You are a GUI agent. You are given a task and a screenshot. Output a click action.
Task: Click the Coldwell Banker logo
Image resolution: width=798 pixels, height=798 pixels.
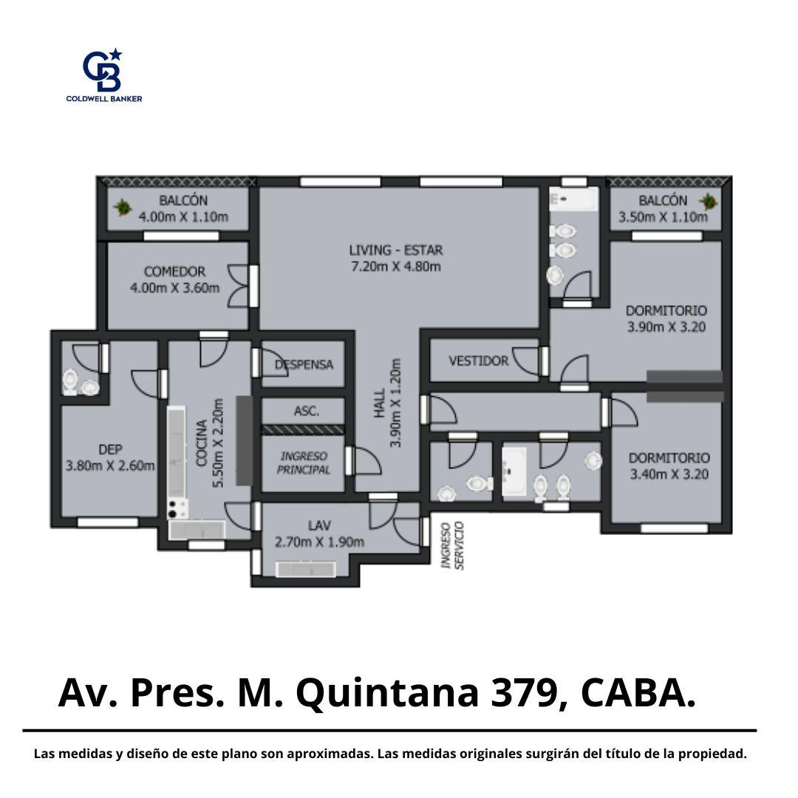coord(104,75)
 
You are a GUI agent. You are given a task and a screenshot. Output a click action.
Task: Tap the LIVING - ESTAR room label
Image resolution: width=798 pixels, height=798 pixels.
coord(396,250)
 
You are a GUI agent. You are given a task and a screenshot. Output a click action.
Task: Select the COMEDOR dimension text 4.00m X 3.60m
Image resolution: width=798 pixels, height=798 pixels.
coord(175,288)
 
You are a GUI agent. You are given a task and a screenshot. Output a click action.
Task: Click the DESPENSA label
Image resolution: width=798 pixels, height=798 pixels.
coord(304,364)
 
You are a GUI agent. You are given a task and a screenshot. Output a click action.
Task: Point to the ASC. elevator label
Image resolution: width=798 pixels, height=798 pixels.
coord(307,411)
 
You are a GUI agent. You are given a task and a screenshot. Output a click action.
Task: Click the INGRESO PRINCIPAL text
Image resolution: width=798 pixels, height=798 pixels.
coord(304,463)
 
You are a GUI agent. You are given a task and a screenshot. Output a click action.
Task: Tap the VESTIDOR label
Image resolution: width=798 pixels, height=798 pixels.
coord(478,361)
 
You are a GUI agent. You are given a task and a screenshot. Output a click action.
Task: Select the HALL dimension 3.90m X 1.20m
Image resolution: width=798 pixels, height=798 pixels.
coord(395,403)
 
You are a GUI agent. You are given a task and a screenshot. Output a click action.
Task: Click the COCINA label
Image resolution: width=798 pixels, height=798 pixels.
coord(202,443)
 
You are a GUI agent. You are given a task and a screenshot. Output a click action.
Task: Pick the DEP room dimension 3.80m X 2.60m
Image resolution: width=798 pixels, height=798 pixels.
coord(110,465)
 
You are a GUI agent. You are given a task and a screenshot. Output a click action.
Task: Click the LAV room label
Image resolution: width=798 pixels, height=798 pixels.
coord(319,526)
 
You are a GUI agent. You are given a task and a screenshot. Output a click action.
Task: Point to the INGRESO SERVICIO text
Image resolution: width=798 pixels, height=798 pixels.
coord(452,545)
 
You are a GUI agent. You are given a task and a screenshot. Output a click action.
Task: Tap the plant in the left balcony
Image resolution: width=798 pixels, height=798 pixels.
coord(122,207)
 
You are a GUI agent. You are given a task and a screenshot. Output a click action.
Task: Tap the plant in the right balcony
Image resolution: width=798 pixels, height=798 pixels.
coord(708,202)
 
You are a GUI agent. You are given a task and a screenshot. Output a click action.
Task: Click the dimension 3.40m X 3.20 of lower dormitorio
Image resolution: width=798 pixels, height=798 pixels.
coord(669,474)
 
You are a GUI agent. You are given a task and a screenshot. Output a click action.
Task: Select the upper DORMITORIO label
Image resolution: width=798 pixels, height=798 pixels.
coord(666,310)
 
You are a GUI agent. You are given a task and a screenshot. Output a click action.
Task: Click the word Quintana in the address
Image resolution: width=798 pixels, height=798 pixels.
coord(387,694)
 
